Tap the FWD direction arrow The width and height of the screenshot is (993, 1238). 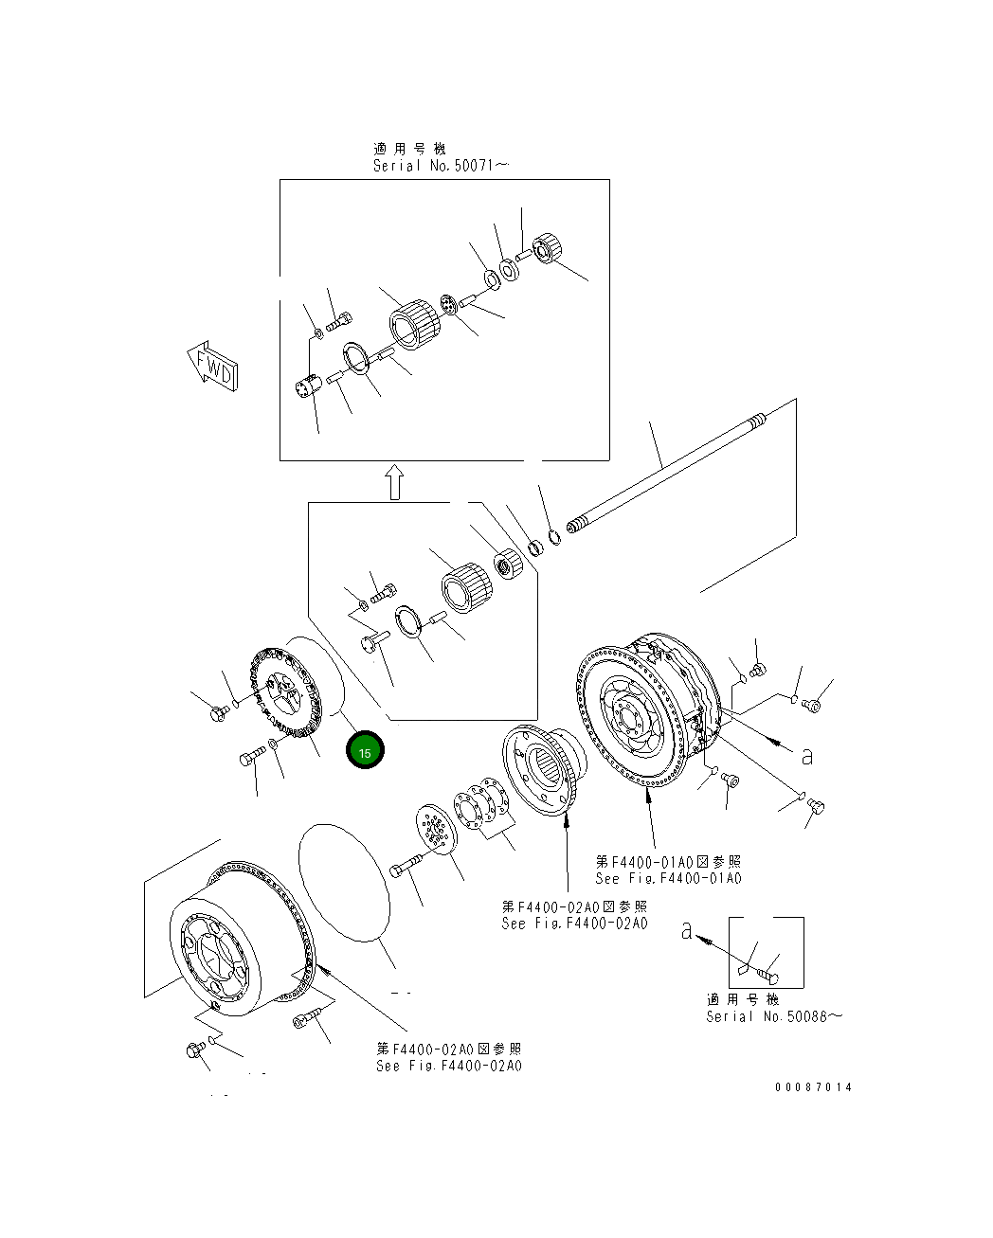point(213,367)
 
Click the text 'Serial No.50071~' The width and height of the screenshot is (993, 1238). point(442,166)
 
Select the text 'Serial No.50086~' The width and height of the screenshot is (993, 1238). point(773,1016)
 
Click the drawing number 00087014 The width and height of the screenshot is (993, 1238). point(813,1087)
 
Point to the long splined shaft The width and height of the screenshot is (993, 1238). point(663,464)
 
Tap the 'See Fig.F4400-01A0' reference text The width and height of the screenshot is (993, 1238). point(668,878)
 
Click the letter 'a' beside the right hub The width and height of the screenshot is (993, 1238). point(806,756)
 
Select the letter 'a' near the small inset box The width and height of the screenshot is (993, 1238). point(687,931)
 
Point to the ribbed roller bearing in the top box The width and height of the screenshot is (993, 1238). point(416,323)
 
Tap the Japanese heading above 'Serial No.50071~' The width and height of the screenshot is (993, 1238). point(409,149)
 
